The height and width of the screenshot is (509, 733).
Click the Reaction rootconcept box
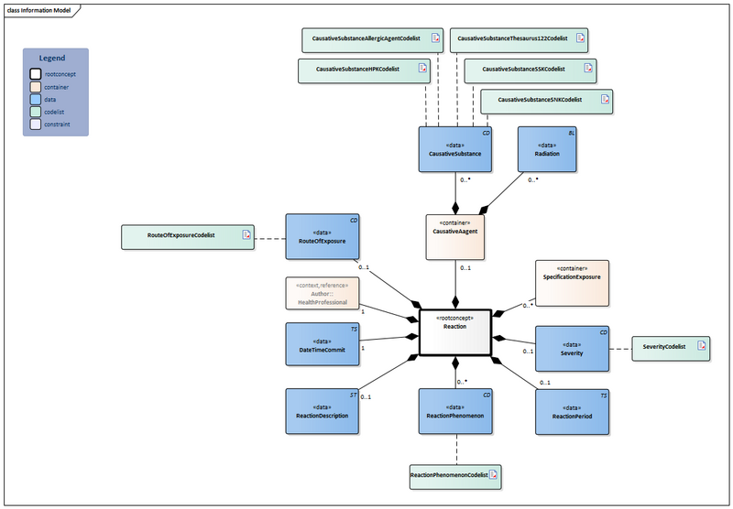click(x=456, y=332)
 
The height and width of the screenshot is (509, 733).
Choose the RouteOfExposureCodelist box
click(x=189, y=236)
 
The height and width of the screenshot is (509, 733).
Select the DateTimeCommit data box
click(x=323, y=344)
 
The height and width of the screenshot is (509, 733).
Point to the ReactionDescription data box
click(x=323, y=410)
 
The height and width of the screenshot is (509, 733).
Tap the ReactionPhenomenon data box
click(x=456, y=410)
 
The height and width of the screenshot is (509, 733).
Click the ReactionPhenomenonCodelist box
click(x=456, y=475)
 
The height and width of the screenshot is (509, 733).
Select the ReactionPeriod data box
click(x=572, y=410)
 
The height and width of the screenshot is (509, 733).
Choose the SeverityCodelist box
click(x=672, y=347)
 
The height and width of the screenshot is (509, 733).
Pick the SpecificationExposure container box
click(x=572, y=283)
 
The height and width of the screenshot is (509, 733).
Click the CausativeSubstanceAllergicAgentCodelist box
click(x=370, y=40)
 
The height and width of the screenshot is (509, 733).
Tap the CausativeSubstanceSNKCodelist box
click(x=545, y=99)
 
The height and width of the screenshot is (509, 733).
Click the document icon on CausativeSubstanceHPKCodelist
click(x=422, y=69)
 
